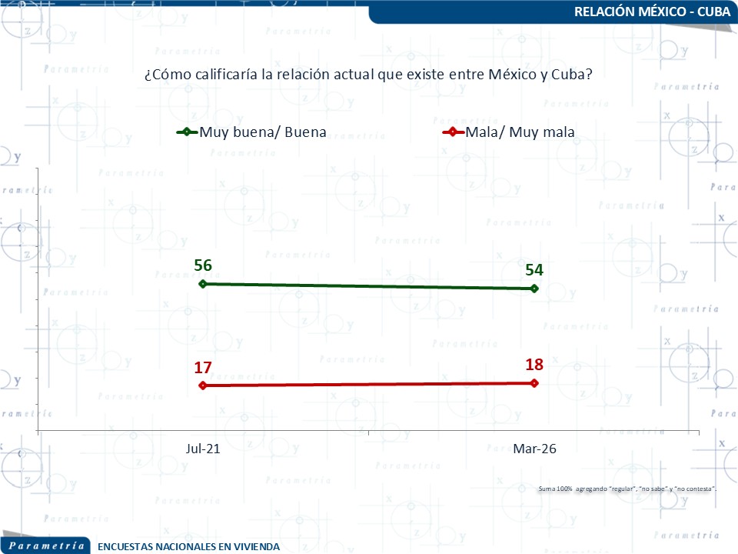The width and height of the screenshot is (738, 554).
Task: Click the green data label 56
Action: click(203, 266)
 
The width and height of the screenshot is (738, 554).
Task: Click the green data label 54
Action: click(535, 270)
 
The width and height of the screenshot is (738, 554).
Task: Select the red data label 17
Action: click(203, 368)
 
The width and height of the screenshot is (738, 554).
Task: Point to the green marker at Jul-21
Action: click(203, 284)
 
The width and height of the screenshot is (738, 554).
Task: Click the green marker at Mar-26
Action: click(535, 289)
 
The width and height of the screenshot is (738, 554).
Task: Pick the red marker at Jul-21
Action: click(203, 385)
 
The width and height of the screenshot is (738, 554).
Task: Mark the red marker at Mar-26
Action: click(535, 382)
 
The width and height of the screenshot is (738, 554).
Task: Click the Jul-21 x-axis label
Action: click(203, 449)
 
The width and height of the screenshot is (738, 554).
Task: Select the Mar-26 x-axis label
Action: click(535, 449)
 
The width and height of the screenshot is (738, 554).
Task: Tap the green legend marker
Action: click(187, 132)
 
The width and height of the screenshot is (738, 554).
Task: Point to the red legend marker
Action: click(454, 132)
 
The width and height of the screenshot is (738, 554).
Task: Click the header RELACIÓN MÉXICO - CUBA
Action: click(652, 12)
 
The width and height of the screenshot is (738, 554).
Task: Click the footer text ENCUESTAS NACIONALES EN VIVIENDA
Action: click(189, 547)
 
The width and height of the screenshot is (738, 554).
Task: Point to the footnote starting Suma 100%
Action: click(628, 489)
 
